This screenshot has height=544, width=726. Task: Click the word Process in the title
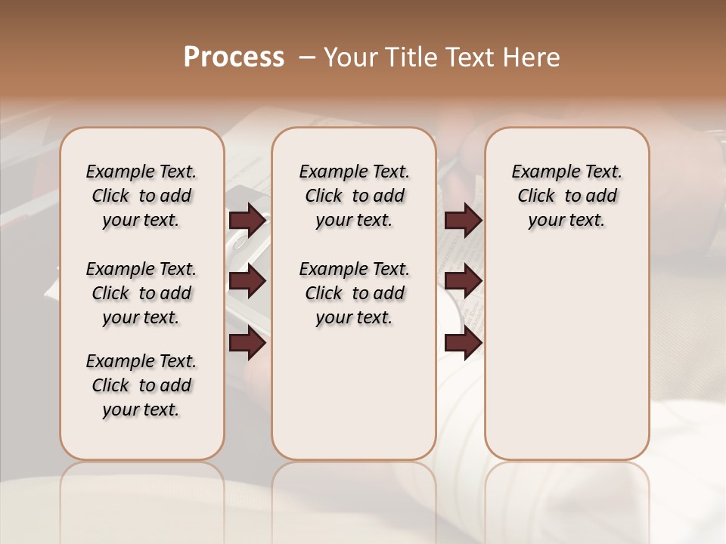[234, 57]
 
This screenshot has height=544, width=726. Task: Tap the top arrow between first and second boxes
[247, 221]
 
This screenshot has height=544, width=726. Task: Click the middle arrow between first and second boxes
[247, 282]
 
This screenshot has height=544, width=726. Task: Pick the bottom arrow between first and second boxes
[247, 343]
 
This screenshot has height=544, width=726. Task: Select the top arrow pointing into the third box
[463, 221]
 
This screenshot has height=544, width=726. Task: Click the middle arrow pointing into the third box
[463, 282]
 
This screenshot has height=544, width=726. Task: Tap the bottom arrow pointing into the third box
[463, 343]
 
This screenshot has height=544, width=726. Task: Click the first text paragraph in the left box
[141, 196]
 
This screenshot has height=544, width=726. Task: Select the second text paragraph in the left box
[141, 293]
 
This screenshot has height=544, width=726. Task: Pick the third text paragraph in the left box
[141, 385]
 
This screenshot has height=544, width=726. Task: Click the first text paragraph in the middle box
[354, 196]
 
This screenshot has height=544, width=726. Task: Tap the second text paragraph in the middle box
[354, 293]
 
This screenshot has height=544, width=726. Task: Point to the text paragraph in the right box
[566, 196]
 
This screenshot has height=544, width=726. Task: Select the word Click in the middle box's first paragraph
[324, 196]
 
